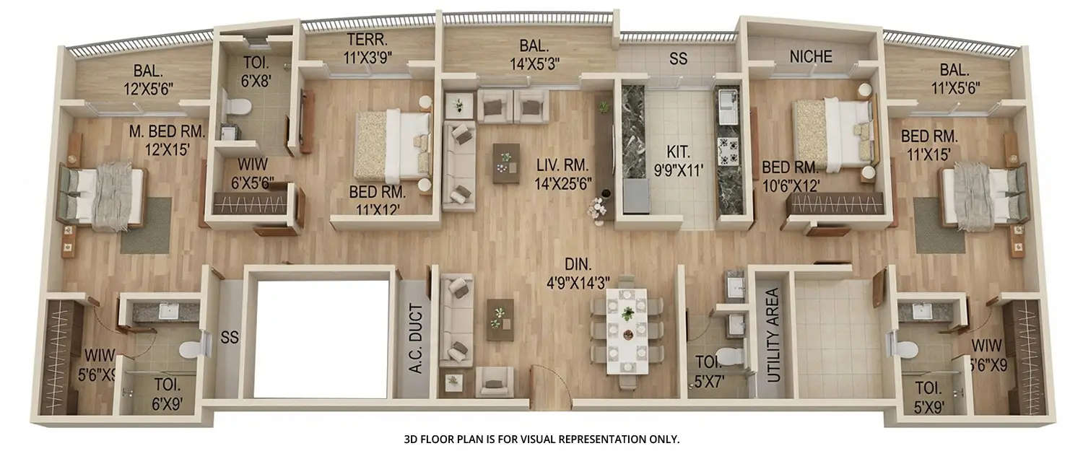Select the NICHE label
point(811,56)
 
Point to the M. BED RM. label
point(168,132)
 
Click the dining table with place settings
point(627,331)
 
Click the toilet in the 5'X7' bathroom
point(731,356)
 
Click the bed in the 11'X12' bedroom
point(393,144)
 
